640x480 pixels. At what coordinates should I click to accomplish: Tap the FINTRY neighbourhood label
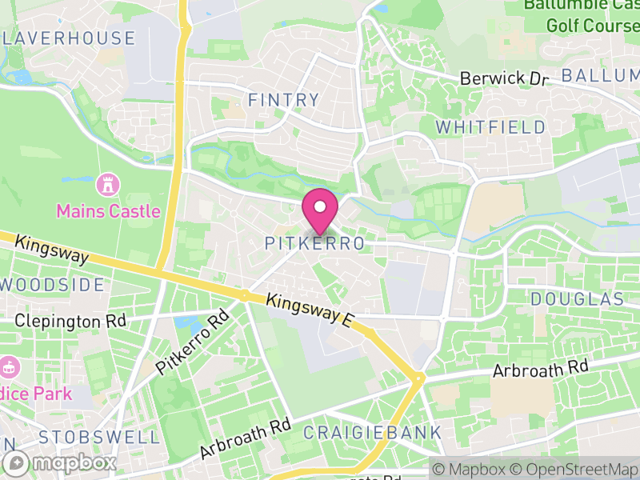(x=283, y=101)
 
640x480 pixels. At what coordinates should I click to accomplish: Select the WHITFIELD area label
(x=491, y=127)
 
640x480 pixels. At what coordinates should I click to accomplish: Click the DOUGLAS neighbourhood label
(x=577, y=299)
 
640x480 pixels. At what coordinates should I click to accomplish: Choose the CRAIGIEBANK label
(x=372, y=433)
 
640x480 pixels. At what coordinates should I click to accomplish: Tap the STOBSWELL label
(x=99, y=437)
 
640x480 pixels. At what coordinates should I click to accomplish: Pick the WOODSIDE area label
(x=53, y=285)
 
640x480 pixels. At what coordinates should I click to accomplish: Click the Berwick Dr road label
(x=504, y=78)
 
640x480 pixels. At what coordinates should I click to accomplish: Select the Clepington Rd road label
(x=71, y=321)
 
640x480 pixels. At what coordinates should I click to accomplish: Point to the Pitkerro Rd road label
(x=192, y=342)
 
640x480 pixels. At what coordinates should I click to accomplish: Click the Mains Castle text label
(x=108, y=212)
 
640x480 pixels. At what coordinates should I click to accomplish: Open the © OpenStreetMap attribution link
(x=574, y=469)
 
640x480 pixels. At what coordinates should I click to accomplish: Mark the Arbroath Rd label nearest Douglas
(x=541, y=369)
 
